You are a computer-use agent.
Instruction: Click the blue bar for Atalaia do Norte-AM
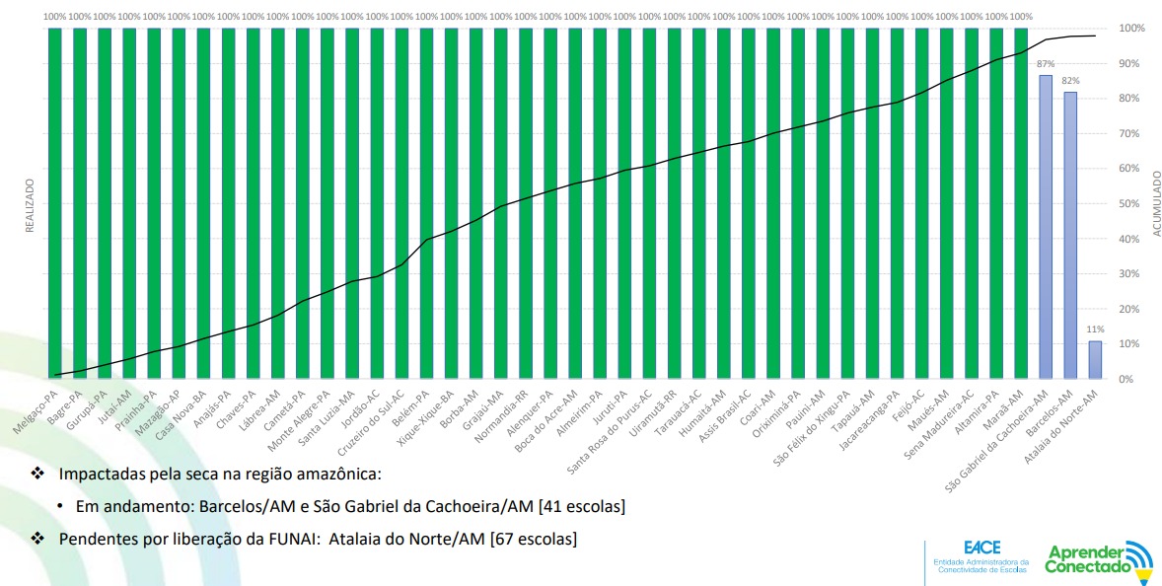1095,360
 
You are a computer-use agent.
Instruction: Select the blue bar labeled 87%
1046,227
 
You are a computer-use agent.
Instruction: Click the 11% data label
1095,330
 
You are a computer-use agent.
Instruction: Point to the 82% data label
1070,81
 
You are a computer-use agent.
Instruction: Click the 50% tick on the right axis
1129,204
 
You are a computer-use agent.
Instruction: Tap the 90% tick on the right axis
1129,63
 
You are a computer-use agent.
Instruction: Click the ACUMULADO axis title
1156,203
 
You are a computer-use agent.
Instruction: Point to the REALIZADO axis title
30,205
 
